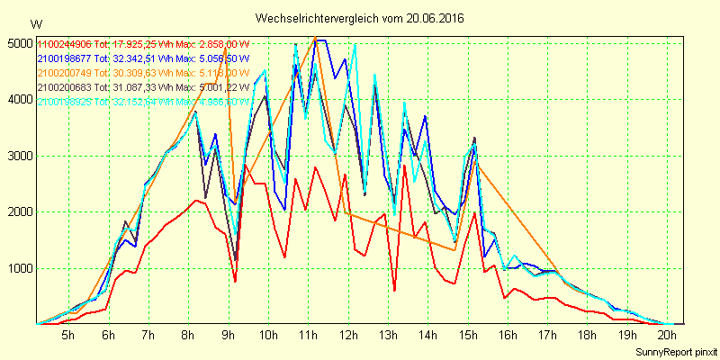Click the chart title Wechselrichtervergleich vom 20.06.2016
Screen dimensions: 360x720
359,18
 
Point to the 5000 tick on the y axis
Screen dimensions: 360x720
18,43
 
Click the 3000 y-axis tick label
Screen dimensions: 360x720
18,156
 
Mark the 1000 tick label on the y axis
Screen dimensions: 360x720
18,268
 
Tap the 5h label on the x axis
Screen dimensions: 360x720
67,335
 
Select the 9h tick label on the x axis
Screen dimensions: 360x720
228,335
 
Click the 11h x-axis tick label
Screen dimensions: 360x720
308,335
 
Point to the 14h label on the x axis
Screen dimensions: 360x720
427,335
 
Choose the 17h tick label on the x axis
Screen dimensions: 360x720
547,335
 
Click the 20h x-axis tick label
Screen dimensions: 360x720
667,335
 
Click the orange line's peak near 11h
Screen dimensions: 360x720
315,38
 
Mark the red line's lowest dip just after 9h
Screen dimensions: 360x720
235,282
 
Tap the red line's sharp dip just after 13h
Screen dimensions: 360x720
394,290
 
